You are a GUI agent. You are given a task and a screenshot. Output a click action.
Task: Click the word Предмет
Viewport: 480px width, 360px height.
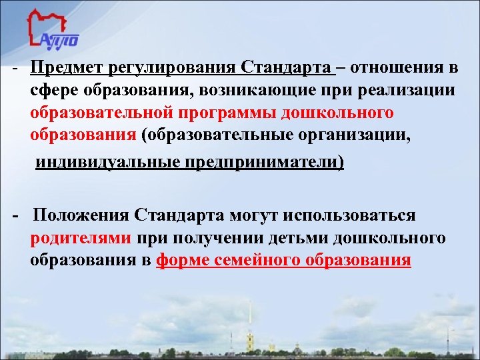point(64,69)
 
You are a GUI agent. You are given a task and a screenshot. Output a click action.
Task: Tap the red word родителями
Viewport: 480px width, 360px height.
point(81,239)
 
